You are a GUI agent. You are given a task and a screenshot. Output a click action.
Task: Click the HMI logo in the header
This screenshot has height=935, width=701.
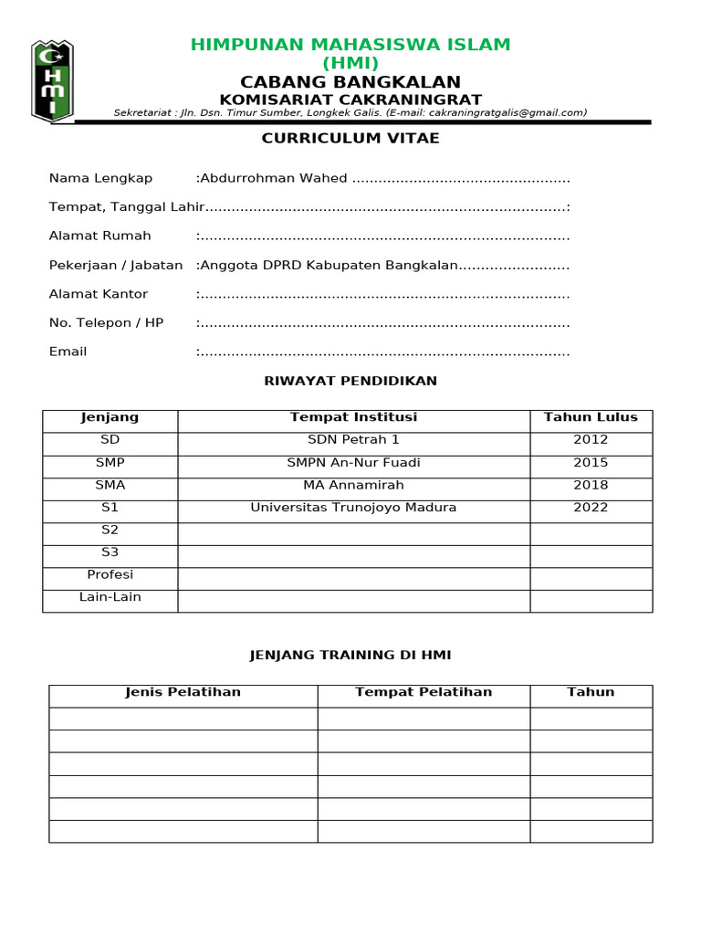pyautogui.click(x=52, y=80)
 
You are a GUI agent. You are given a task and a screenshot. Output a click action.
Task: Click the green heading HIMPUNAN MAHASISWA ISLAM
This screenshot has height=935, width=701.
pyautogui.click(x=350, y=45)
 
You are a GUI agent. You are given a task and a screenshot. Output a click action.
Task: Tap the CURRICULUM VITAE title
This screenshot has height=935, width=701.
pyautogui.click(x=350, y=138)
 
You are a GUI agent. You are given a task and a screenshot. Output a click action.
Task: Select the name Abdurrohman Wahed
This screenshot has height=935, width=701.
pyautogui.click(x=274, y=178)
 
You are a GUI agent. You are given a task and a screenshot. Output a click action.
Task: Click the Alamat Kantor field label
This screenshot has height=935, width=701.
pyautogui.click(x=99, y=294)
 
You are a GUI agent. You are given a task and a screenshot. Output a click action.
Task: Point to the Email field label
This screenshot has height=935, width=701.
pyautogui.click(x=68, y=352)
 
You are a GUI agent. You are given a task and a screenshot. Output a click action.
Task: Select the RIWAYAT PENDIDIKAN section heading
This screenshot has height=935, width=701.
pyautogui.click(x=350, y=381)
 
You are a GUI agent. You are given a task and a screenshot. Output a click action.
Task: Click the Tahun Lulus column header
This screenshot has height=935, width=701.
pyautogui.click(x=591, y=417)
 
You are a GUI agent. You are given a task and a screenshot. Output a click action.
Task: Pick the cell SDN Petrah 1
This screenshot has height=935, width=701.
pyautogui.click(x=353, y=439)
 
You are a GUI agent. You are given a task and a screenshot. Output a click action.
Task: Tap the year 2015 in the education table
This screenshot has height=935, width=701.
pyautogui.click(x=591, y=462)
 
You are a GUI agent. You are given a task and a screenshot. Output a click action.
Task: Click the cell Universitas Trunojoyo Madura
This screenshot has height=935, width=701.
pyautogui.click(x=353, y=507)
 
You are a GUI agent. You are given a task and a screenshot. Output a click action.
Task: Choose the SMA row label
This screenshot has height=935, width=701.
pyautogui.click(x=110, y=485)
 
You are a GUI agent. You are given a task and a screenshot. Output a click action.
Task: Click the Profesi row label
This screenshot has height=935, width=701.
pyautogui.click(x=110, y=574)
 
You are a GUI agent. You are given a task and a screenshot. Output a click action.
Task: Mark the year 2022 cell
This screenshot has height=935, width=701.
pyautogui.click(x=591, y=507)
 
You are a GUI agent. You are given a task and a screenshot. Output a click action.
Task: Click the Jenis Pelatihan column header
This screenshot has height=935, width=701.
pyautogui.click(x=183, y=692)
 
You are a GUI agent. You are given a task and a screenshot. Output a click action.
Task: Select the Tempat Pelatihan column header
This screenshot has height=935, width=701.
pyautogui.click(x=424, y=692)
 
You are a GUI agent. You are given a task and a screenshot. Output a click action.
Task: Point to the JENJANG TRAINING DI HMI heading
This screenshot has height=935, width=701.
pyautogui.click(x=350, y=655)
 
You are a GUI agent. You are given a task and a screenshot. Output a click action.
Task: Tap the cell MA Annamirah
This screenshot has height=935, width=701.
pyautogui.click(x=353, y=485)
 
